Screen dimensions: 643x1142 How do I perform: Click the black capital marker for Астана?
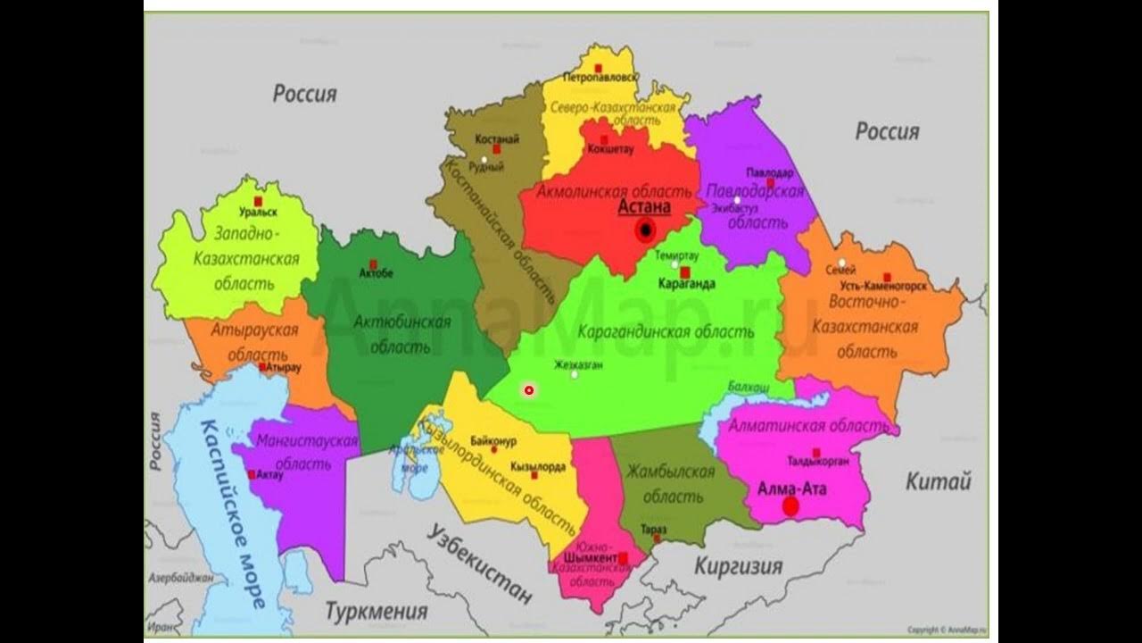[645, 231]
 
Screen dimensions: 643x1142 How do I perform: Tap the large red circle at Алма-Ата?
[790, 506]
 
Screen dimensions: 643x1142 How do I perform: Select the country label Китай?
[938, 482]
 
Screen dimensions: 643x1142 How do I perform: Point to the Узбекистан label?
[479, 565]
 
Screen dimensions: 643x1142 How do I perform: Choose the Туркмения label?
[376, 612]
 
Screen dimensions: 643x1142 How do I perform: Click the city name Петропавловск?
[600, 79]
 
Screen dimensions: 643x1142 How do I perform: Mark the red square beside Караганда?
[685, 271]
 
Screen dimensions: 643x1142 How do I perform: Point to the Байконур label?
[492, 440]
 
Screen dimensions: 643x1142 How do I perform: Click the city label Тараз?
[653, 529]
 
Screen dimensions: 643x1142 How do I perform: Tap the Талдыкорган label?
[817, 462]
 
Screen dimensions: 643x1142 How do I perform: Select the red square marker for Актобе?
[375, 262]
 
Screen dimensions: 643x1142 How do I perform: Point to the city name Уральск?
[258, 213]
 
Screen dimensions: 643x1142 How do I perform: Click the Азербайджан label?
[180, 578]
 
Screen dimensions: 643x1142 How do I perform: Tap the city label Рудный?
[485, 167]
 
